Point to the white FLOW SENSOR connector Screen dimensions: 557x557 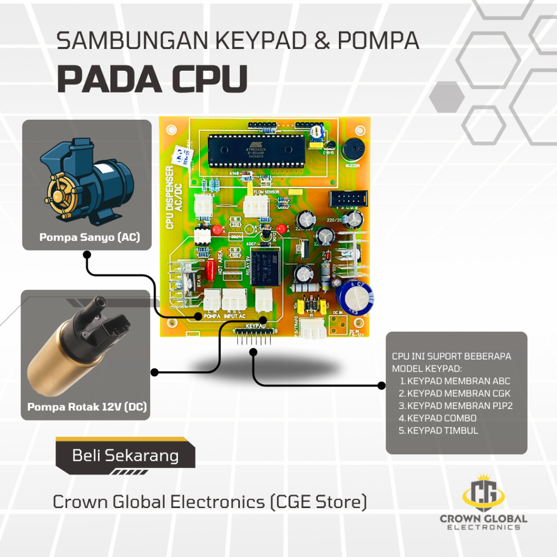255,206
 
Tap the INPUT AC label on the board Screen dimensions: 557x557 235,315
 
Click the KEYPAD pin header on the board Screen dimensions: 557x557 253,335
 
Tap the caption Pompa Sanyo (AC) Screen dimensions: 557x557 89,238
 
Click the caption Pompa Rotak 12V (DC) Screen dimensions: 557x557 87,407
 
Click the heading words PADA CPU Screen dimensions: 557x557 152,81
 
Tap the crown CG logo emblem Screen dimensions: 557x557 483,490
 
